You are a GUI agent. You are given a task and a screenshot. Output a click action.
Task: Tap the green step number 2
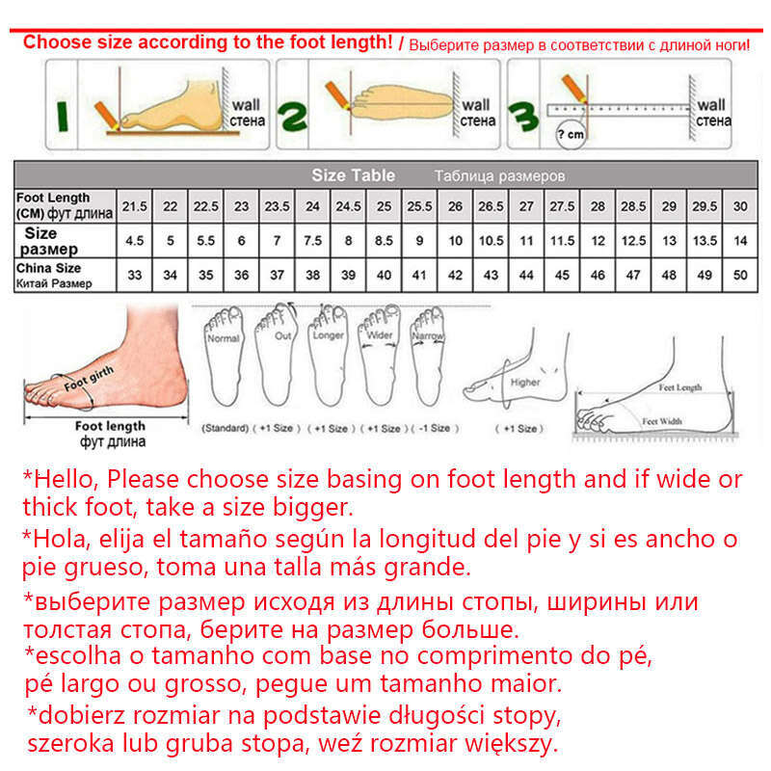coord(293,118)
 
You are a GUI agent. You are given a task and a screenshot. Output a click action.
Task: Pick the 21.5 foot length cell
coord(135,206)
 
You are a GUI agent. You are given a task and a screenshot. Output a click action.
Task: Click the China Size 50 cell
coord(740,275)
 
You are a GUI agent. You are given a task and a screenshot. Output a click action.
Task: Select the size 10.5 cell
coord(491,241)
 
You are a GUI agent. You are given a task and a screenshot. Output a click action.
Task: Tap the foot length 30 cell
coord(740,206)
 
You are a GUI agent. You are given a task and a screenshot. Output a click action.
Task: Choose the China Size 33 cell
coord(135,275)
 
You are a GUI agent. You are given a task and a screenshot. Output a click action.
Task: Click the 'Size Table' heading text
coord(353,175)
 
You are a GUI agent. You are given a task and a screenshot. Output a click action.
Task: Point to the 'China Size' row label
coord(48,268)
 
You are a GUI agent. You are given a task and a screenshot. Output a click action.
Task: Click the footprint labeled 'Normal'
coord(223,361)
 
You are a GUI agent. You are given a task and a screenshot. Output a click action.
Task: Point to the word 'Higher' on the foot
coord(525,383)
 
